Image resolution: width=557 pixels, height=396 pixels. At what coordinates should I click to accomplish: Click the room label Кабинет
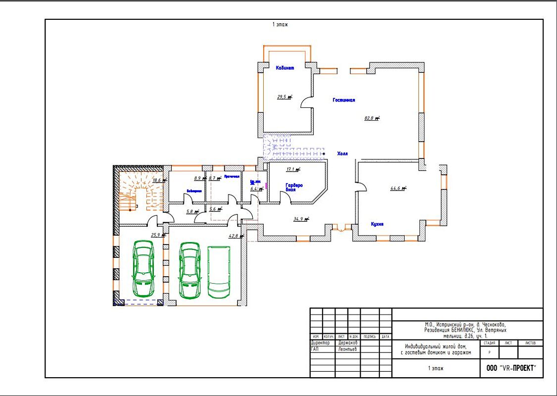pyautogui.click(x=285, y=68)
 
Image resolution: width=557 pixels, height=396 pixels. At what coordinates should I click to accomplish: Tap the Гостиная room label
pyautogui.click(x=344, y=100)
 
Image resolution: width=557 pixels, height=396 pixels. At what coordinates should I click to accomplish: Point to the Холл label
pyautogui.click(x=342, y=154)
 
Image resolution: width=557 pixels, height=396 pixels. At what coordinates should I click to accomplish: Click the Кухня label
pyautogui.click(x=377, y=224)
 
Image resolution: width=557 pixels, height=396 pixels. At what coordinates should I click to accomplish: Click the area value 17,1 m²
pyautogui.click(x=293, y=169)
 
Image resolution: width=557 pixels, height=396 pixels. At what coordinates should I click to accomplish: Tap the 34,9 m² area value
pyautogui.click(x=301, y=219)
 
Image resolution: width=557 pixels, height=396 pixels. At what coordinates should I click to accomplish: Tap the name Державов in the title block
pyautogui.click(x=348, y=343)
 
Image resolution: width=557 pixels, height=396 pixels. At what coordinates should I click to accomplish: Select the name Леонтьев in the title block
pyautogui.click(x=348, y=349)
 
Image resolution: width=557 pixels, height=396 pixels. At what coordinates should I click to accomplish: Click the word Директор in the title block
pyautogui.click(x=320, y=343)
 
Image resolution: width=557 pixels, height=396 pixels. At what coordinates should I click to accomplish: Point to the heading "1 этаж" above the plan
pyautogui.click(x=280, y=24)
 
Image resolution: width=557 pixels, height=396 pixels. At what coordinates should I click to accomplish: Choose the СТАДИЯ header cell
pyautogui.click(x=489, y=343)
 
